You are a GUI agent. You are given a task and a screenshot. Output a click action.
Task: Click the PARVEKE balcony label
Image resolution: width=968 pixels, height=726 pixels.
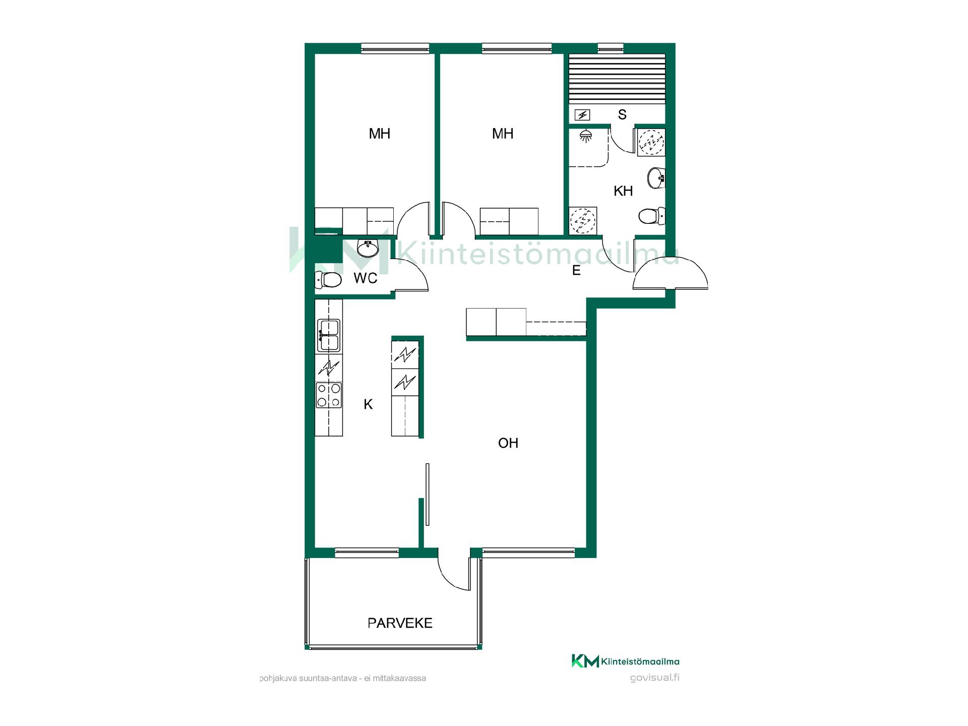(x=400, y=623)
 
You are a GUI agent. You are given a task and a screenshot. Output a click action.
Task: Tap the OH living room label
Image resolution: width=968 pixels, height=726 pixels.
(x=508, y=443)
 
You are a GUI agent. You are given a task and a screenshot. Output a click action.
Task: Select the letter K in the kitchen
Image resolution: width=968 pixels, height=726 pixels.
(x=369, y=404)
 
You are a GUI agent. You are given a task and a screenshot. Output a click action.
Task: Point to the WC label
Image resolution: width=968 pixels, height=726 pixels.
(x=366, y=278)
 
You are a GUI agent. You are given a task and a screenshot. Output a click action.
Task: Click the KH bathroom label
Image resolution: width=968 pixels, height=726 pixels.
(x=623, y=191)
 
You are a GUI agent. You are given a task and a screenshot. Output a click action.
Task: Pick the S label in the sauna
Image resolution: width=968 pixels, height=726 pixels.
(x=622, y=115)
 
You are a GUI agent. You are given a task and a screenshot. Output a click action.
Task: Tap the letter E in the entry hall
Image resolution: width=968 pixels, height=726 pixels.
(x=576, y=271)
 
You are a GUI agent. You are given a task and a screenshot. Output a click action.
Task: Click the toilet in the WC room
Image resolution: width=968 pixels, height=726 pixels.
(x=328, y=279)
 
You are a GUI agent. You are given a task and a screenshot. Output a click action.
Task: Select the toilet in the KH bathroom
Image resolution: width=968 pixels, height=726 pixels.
(x=652, y=217)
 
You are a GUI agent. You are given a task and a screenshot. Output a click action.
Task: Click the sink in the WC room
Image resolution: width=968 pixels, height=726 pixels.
(x=368, y=248)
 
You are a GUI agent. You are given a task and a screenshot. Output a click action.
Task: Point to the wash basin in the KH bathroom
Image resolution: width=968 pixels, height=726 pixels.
(x=656, y=177)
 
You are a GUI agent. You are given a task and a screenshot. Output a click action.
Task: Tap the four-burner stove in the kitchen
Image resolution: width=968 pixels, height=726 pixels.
(x=329, y=395)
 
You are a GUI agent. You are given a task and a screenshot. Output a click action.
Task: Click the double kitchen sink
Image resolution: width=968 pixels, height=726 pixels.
(x=329, y=335)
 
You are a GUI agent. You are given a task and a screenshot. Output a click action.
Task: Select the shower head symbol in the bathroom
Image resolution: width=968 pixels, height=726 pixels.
(x=585, y=136)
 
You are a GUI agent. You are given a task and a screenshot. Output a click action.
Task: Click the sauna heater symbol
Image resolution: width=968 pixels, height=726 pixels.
(x=582, y=115)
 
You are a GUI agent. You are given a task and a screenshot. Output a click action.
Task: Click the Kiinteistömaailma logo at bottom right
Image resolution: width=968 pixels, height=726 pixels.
(x=625, y=661)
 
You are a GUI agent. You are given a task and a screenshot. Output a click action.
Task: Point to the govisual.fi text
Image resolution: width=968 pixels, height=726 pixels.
(x=654, y=678)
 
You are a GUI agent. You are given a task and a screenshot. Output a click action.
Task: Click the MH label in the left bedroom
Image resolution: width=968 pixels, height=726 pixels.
(x=380, y=134)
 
